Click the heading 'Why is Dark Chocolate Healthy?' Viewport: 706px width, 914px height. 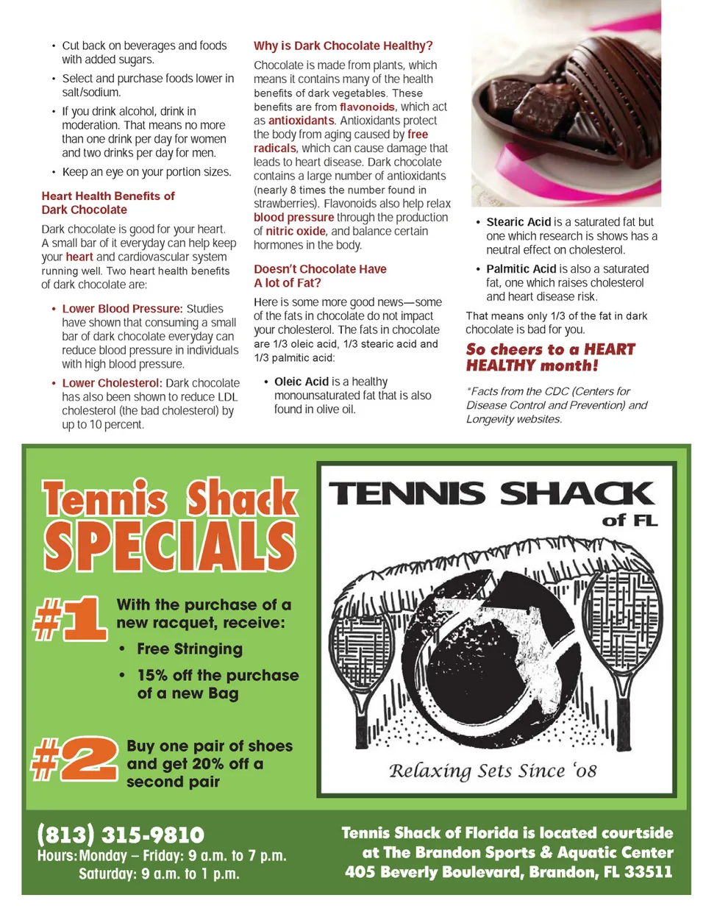tap(343, 46)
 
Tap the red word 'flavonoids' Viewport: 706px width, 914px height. tap(367, 107)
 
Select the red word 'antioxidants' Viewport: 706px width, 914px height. tap(301, 121)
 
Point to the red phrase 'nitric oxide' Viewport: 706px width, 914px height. tap(296, 231)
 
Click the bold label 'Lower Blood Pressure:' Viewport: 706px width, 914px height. tap(122, 309)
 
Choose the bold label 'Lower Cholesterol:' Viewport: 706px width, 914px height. tap(112, 383)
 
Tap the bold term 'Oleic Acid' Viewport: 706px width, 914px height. tap(302, 382)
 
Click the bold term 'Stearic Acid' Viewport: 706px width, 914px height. tap(518, 222)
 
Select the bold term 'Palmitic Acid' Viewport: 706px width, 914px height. tap(521, 269)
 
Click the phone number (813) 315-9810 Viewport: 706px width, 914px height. tap(121, 835)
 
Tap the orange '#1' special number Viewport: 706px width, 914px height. tap(71, 618)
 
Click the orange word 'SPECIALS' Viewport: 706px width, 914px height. tap(169, 546)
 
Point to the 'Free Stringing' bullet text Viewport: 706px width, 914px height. tap(190, 649)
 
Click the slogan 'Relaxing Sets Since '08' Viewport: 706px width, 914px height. tap(493, 771)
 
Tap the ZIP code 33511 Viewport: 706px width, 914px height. tap(648, 872)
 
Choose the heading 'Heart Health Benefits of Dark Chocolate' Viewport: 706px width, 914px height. tap(107, 202)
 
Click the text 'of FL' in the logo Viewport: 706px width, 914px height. tap(630, 521)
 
